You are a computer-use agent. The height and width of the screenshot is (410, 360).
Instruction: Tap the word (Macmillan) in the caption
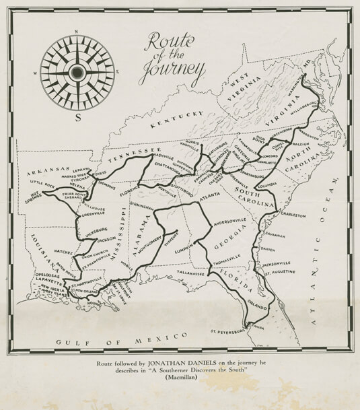[x=180, y=380]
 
